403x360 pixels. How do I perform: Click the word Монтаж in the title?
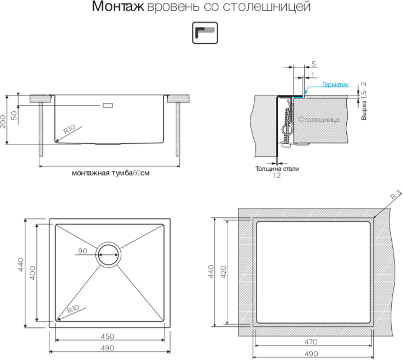117,8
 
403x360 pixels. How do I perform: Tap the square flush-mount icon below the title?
201,33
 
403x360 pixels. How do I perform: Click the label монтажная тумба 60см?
111,173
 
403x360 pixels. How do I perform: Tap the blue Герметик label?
336,85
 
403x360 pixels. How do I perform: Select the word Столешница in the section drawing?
319,120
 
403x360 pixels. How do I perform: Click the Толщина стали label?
277,168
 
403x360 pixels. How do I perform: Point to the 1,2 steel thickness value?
276,176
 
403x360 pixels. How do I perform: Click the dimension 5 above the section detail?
313,63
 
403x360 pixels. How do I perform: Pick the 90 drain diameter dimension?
83,251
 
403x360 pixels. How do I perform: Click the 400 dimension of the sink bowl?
33,274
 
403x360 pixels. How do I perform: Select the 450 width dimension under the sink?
108,336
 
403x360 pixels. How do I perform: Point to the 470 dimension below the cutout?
311,341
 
